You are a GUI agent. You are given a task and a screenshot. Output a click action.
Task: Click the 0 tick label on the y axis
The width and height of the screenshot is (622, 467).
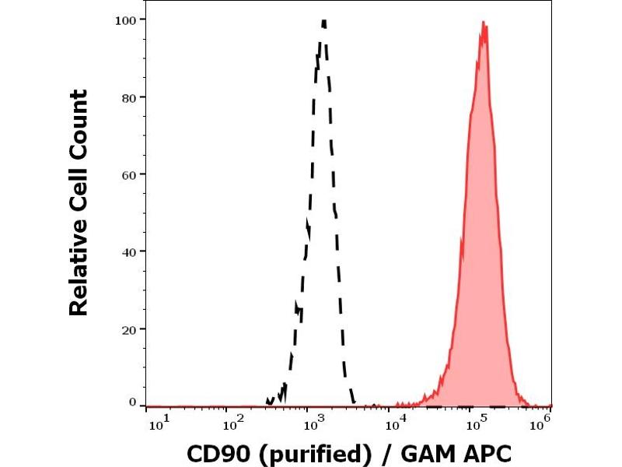pyautogui.click(x=133, y=402)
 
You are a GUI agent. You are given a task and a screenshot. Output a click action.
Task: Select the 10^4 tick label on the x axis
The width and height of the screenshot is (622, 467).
pyautogui.click(x=397, y=423)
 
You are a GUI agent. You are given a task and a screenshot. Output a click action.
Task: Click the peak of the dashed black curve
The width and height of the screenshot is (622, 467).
pyautogui.click(x=323, y=22)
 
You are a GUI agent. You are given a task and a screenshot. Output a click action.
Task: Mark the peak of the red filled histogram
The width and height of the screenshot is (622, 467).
pyautogui.click(x=484, y=23)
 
